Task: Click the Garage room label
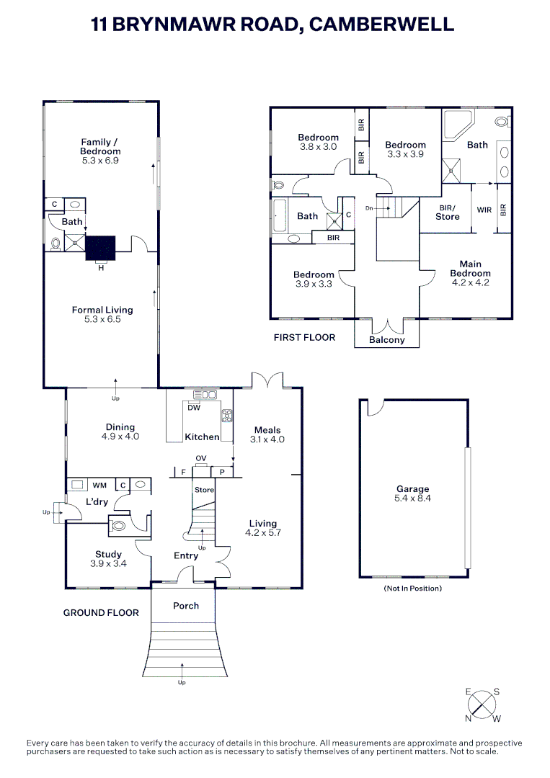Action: (x=412, y=489)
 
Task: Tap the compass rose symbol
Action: (x=483, y=704)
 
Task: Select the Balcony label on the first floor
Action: (x=387, y=340)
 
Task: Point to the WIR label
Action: (x=484, y=210)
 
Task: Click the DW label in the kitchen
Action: (x=193, y=408)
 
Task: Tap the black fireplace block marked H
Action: (x=100, y=247)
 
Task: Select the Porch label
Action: (x=186, y=606)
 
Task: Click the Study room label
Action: (x=108, y=555)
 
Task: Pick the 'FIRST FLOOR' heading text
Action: (x=304, y=337)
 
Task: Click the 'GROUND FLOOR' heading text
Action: (x=101, y=612)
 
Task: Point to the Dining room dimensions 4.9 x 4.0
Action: (x=120, y=437)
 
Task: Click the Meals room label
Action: (x=267, y=430)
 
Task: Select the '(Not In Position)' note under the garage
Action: (x=412, y=589)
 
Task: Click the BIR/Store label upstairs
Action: (x=447, y=213)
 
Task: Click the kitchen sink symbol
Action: (x=205, y=394)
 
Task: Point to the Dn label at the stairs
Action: (x=370, y=207)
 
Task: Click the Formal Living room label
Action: (x=102, y=310)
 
